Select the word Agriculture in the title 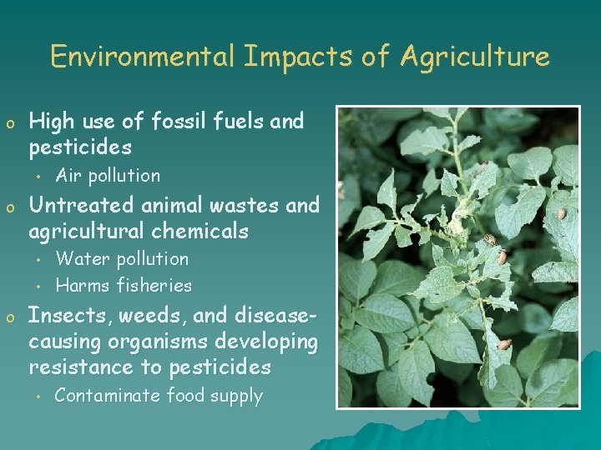[475, 57]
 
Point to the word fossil [178, 122]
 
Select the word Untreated [80, 204]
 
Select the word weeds [157, 316]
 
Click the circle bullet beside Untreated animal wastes [10, 207]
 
